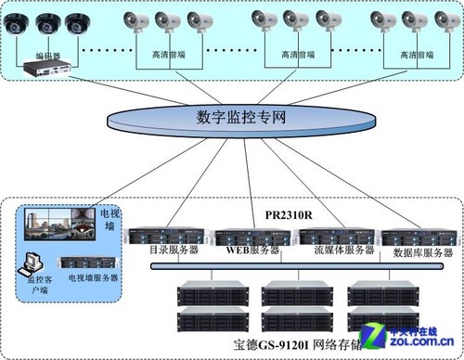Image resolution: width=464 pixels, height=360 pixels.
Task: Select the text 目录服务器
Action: [x=170, y=249]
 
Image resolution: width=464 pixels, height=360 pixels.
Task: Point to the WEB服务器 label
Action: [x=252, y=250]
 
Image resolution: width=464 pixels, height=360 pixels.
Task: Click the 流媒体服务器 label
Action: [x=335, y=249]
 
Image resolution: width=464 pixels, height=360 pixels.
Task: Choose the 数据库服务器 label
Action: [x=419, y=251]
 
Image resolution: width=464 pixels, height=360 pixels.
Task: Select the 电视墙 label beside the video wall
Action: [x=109, y=222]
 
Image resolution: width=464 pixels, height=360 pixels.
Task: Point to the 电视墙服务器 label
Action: [x=94, y=278]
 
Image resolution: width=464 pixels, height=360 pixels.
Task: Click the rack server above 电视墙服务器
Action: [x=92, y=261]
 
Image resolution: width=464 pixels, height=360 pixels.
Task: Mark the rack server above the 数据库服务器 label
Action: [x=419, y=237]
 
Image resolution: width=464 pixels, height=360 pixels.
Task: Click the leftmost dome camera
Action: [x=16, y=25]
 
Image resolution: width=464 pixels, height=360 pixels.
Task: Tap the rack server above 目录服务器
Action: [x=170, y=236]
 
